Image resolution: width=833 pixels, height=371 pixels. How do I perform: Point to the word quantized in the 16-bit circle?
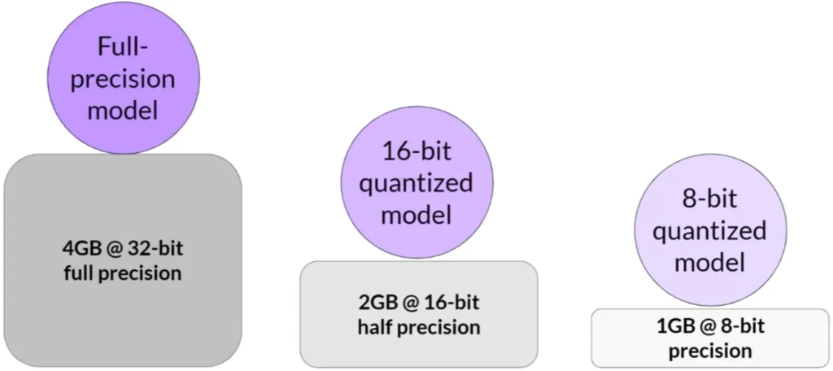point(416,184)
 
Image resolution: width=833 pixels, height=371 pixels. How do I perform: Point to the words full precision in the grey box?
point(122,273)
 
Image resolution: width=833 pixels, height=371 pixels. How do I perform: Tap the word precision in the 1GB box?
point(710,351)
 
